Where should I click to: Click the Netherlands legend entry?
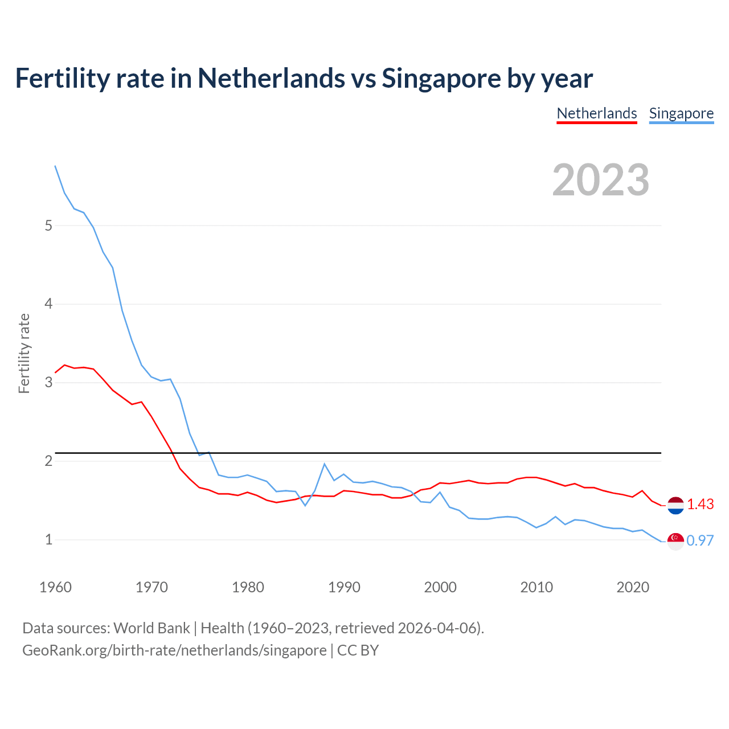tap(596, 113)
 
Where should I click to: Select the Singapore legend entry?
tap(681, 113)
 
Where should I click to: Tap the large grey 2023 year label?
tap(600, 180)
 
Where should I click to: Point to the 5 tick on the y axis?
tap(48, 226)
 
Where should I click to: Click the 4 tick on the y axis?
tap(48, 304)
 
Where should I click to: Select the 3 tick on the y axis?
tap(48, 382)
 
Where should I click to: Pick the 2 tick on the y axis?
tap(48, 461)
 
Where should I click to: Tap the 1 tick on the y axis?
tap(48, 539)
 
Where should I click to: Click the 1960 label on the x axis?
tap(55, 587)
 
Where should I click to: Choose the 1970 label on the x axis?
tap(151, 587)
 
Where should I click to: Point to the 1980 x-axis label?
tap(248, 587)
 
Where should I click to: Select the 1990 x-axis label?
tap(344, 587)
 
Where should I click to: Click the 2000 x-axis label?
tap(440, 587)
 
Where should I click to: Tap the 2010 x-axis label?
tap(536, 587)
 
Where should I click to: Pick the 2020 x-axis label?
tap(633, 587)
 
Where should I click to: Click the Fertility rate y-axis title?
tap(24, 353)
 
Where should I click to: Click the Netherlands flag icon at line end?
tap(675, 505)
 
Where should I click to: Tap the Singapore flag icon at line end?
tap(675, 541)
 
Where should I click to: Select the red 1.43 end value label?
tap(700, 505)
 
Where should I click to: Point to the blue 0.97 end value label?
tap(700, 541)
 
